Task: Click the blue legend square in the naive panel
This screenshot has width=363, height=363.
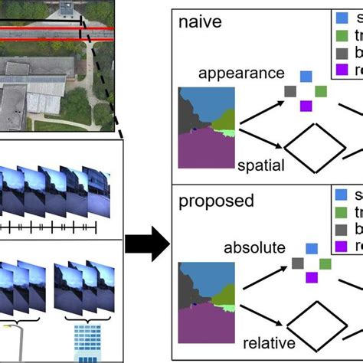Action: click(x=341, y=18)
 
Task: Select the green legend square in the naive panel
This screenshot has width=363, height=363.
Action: click(x=341, y=35)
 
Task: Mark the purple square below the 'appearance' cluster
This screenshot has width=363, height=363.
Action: click(x=306, y=106)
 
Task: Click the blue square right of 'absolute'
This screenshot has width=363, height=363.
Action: click(x=311, y=249)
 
